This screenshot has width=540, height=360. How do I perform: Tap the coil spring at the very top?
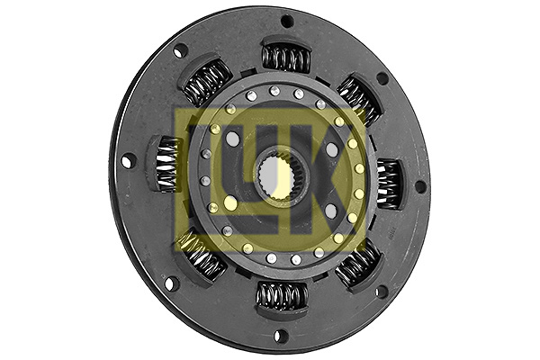pos(286,58)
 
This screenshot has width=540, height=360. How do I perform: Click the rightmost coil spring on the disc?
pos(388,184)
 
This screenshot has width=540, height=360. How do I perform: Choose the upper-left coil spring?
pos(207,84)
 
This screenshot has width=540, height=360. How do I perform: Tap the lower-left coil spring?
pos(202,256)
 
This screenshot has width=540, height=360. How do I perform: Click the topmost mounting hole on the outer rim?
pos(287,21)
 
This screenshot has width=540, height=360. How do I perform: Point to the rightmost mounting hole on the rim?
pos(419,186)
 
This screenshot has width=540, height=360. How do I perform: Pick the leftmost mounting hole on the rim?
pos(128,160)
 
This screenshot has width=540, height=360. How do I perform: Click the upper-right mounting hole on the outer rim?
pos(382,78)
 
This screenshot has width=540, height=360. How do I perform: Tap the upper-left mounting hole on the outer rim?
pos(181,51)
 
